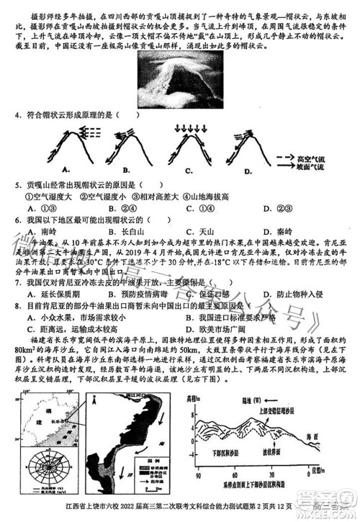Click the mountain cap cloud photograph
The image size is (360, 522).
point(179,81)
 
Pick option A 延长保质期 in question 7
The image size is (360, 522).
point(50,294)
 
